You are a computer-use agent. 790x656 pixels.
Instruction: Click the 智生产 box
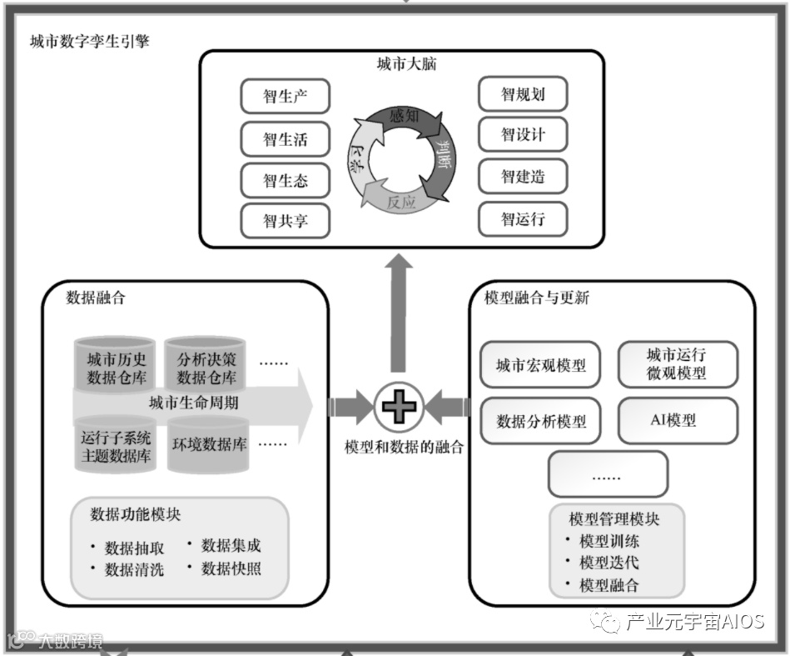pos(285,97)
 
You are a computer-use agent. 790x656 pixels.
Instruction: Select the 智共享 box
pos(285,222)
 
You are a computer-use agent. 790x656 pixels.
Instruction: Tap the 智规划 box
pos(522,94)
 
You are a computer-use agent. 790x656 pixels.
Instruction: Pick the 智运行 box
pos(522,219)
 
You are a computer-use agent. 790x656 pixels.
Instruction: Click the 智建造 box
pos(522,177)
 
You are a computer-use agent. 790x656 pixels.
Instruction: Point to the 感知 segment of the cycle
pos(404,117)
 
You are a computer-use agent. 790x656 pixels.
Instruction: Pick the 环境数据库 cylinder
pos(209,445)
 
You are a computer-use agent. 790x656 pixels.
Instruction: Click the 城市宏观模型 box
pos(540,365)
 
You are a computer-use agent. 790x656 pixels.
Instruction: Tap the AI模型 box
pos(677,420)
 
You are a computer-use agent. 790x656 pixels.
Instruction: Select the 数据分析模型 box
pos(540,421)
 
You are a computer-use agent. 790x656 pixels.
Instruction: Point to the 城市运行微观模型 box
pos(677,364)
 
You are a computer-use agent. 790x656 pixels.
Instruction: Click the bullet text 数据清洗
pos(134,570)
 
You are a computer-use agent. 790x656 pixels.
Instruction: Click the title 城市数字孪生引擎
pos(89,41)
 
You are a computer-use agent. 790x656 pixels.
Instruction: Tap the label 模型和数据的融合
pos(404,447)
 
